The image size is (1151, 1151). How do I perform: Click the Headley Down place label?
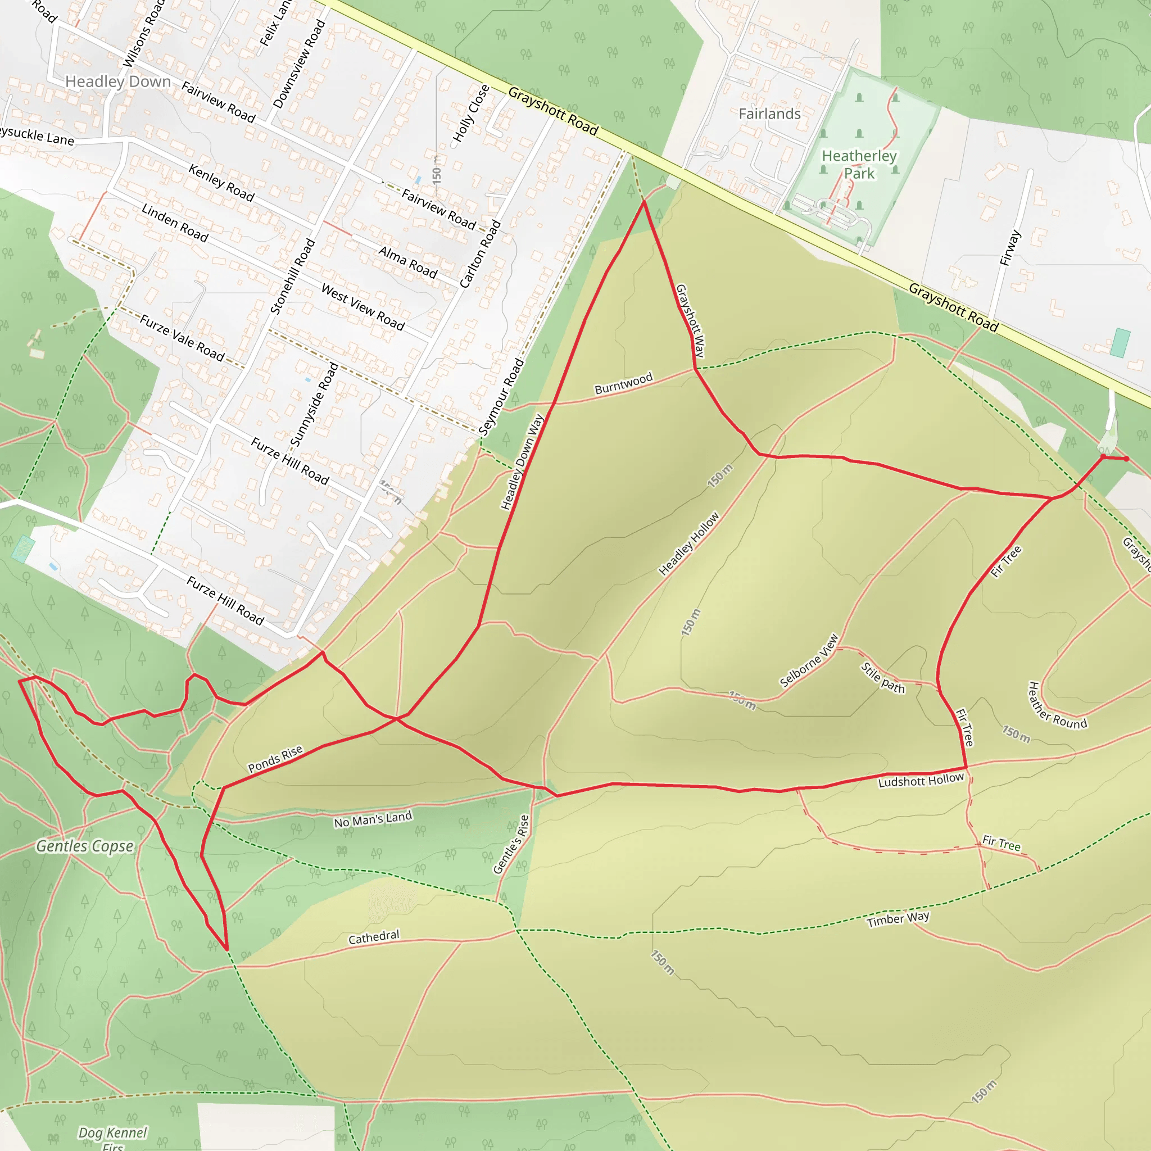point(118,81)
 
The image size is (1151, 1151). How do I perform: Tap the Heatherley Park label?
point(859,165)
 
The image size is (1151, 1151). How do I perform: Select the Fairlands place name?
point(770,114)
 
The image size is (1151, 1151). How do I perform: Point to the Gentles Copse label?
point(85,846)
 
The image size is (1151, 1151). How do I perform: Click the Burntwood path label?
point(624,384)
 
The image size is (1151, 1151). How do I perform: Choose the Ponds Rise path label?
point(275,759)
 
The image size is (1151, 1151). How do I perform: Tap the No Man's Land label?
point(373,820)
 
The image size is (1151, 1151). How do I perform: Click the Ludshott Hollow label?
point(921,781)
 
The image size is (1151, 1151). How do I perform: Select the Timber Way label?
point(898,919)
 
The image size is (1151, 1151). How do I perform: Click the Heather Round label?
point(1058,706)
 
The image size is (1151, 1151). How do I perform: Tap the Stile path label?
point(883,678)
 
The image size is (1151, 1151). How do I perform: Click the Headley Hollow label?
point(688,544)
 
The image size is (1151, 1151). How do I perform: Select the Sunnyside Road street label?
point(314,405)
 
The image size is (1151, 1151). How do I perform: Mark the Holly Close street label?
point(470,113)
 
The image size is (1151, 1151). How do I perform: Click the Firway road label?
point(1010,248)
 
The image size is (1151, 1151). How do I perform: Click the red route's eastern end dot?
point(1126,459)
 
